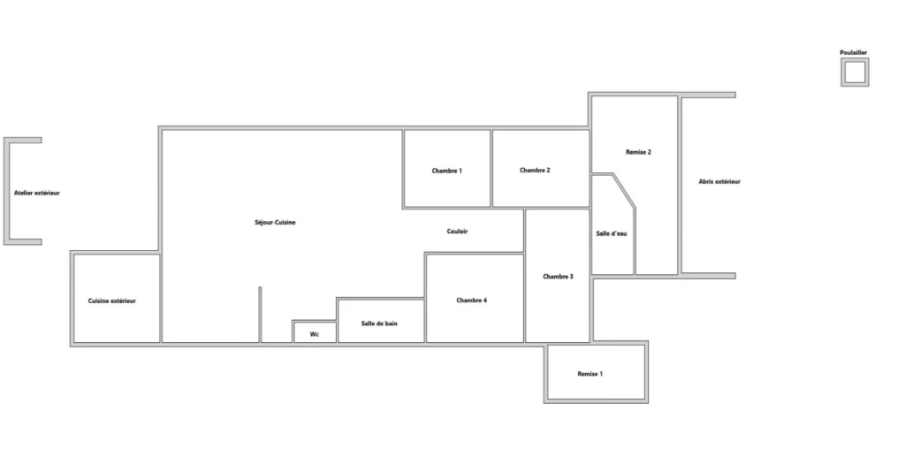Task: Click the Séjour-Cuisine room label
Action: pyautogui.click(x=275, y=222)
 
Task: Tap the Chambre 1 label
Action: pyautogui.click(x=446, y=171)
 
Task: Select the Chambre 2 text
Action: pyautogui.click(x=535, y=171)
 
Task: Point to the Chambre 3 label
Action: pyautogui.click(x=558, y=277)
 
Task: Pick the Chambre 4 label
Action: pyautogui.click(x=471, y=300)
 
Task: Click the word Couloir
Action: pyautogui.click(x=457, y=232)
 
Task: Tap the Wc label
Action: pyautogui.click(x=314, y=334)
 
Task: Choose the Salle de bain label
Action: pyautogui.click(x=379, y=324)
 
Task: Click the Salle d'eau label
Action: pyautogui.click(x=612, y=233)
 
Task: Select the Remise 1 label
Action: pyautogui.click(x=589, y=374)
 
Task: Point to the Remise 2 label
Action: pyautogui.click(x=638, y=152)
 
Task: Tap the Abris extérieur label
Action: pyautogui.click(x=719, y=182)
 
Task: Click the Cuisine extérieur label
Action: pyautogui.click(x=112, y=301)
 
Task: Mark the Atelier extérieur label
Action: pyautogui.click(x=36, y=193)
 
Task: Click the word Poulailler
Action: pyautogui.click(x=853, y=52)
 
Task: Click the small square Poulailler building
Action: pyautogui.click(x=855, y=60)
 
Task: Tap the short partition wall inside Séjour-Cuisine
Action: pyautogui.click(x=260, y=315)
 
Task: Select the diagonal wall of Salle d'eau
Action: pyautogui.click(x=624, y=190)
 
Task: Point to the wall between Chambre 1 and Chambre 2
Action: pyautogui.click(x=491, y=168)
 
